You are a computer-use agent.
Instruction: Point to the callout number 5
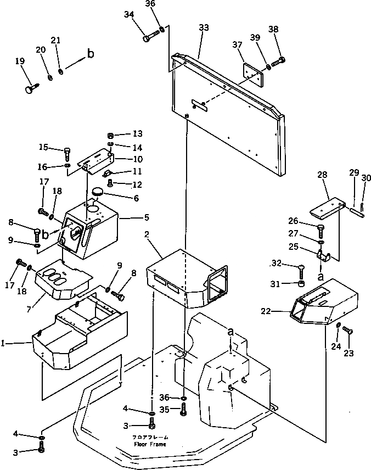pyautogui.click(x=146, y=217)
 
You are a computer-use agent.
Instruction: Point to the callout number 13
pyautogui.click(x=137, y=133)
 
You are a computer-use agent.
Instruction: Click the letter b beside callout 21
pyautogui.click(x=91, y=54)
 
